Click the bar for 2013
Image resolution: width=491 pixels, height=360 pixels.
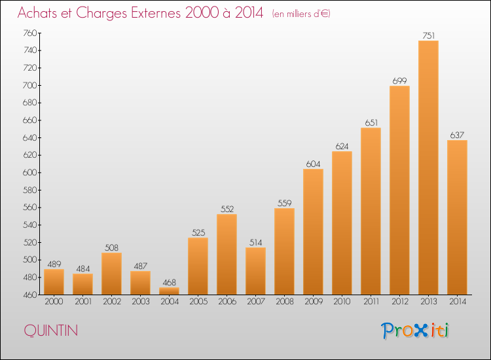tap(428, 168)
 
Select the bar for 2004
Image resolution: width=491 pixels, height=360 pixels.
tap(169, 291)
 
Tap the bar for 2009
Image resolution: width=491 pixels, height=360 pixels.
tap(313, 232)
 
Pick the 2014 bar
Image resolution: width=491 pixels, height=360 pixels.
tap(457, 217)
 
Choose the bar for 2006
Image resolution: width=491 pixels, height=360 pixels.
tap(227, 255)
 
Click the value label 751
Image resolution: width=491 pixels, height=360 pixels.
tap(429, 36)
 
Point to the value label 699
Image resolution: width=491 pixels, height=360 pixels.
tap(399, 81)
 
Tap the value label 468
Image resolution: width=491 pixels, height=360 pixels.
tap(170, 282)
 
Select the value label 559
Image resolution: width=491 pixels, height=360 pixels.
tap(284, 203)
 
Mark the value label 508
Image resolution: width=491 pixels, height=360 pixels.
tap(111, 248)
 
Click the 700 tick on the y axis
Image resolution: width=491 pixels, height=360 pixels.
tap(30, 85)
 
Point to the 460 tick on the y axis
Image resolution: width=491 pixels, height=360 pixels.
tap(30, 295)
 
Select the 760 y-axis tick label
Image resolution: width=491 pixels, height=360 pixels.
tap(30, 33)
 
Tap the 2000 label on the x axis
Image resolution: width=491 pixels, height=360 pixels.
tap(54, 302)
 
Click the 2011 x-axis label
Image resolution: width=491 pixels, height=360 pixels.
tap(371, 302)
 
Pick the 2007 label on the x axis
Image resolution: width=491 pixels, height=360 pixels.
tap(256, 302)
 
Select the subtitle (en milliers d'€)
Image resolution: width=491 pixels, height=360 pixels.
tap(301, 14)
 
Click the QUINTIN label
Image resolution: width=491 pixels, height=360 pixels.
tap(50, 331)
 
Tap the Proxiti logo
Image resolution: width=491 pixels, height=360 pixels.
tap(415, 331)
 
